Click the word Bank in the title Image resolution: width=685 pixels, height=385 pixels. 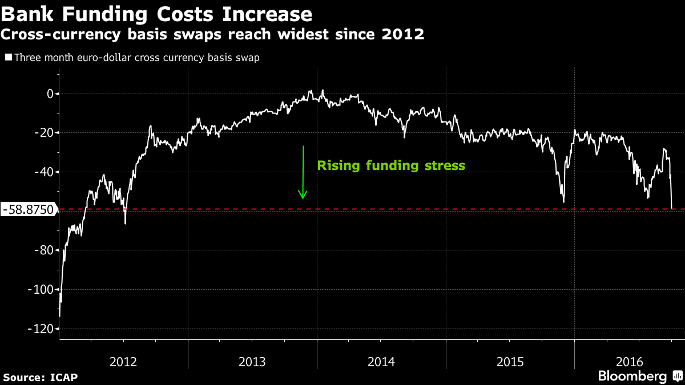pyautogui.click(x=28, y=14)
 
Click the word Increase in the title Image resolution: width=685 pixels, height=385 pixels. pyautogui.click(x=269, y=14)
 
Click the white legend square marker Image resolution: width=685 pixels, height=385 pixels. pyautogui.click(x=9, y=58)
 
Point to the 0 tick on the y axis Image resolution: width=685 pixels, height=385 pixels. pyautogui.click(x=50, y=94)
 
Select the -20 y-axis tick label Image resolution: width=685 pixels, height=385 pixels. pyautogui.click(x=43, y=133)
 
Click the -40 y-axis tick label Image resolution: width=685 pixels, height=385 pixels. pyautogui.click(x=43, y=172)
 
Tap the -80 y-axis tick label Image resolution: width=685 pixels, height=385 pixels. pyautogui.click(x=43, y=250)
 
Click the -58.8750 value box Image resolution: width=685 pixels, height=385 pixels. pyautogui.click(x=29, y=210)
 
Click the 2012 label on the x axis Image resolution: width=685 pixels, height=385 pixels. pyautogui.click(x=123, y=362)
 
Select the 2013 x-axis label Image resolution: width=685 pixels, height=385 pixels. pyautogui.click(x=252, y=362)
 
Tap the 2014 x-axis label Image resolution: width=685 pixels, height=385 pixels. pyautogui.click(x=381, y=362)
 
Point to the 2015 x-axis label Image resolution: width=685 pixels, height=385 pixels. pyautogui.click(x=510, y=362)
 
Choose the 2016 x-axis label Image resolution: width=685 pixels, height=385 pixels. pyautogui.click(x=630, y=362)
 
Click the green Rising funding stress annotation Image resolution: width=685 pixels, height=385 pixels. pyautogui.click(x=391, y=166)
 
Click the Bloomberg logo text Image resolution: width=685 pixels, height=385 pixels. pyautogui.click(x=632, y=376)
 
